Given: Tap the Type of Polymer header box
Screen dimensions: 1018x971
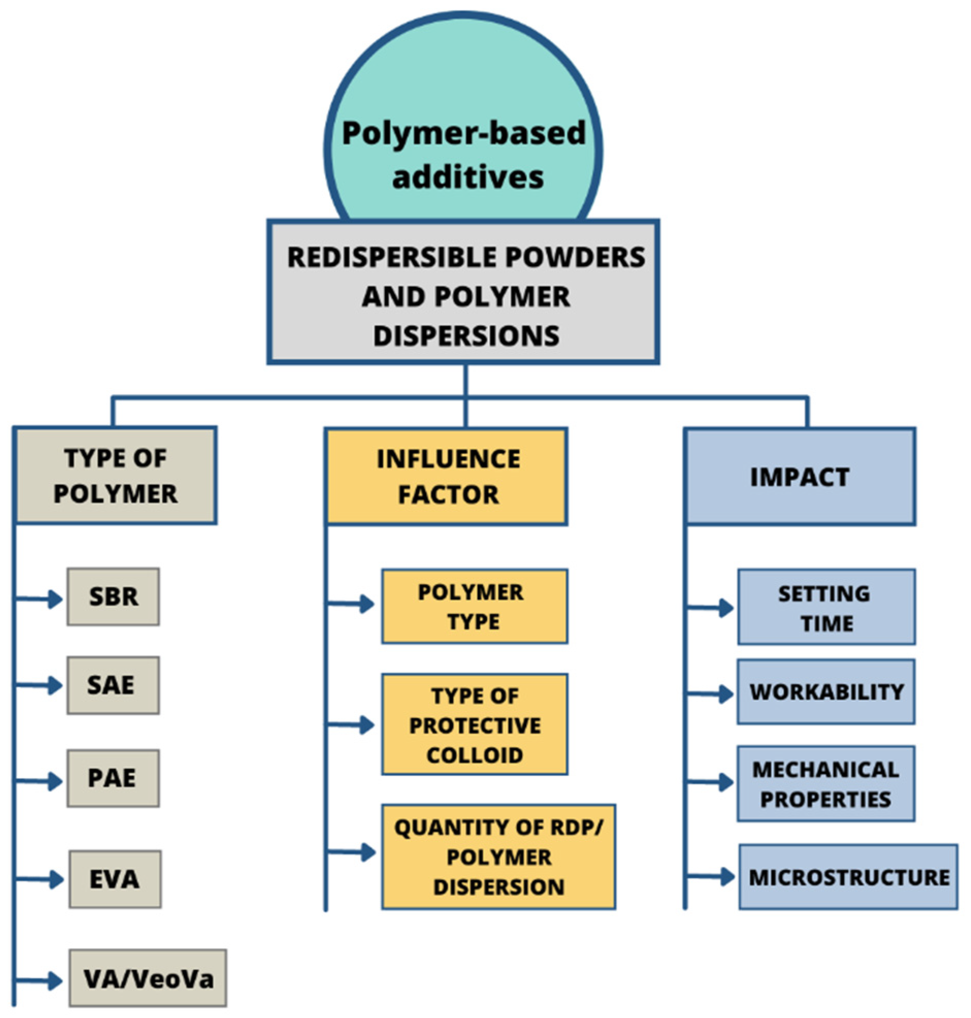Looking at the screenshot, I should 115,475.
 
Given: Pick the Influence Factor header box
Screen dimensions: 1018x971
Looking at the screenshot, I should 447,476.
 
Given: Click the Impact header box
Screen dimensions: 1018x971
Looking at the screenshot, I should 800,476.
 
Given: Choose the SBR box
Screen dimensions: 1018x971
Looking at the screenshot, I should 113,596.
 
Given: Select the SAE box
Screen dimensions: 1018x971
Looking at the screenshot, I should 113,685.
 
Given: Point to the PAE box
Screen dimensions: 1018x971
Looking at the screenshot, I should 113,778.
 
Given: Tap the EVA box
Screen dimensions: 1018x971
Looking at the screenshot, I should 115,879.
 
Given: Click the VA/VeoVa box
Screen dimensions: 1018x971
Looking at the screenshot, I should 147,978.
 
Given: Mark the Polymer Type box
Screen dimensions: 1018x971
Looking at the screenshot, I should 474,606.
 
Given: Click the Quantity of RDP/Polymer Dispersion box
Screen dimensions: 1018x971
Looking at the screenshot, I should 499,857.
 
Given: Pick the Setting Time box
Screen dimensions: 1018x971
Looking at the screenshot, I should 826,607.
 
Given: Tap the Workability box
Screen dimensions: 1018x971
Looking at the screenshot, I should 826,692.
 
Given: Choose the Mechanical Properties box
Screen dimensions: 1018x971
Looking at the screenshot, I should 826,784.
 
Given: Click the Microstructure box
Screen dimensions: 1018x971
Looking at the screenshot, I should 848,877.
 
